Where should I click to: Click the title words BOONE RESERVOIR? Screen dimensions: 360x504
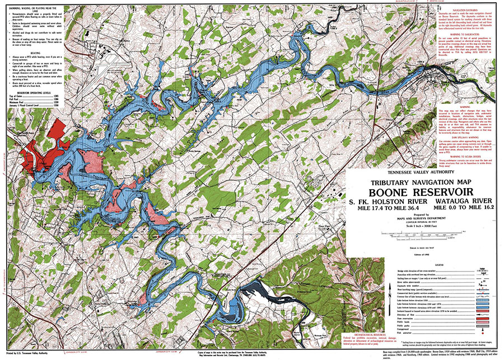(x=422, y=191)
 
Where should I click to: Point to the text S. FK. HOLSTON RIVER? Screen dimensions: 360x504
(x=388, y=200)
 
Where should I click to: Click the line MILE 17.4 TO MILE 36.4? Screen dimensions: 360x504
(x=388, y=207)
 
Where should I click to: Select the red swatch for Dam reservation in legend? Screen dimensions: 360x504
(x=483, y=319)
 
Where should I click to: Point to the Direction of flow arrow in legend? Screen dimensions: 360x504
(x=483, y=315)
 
